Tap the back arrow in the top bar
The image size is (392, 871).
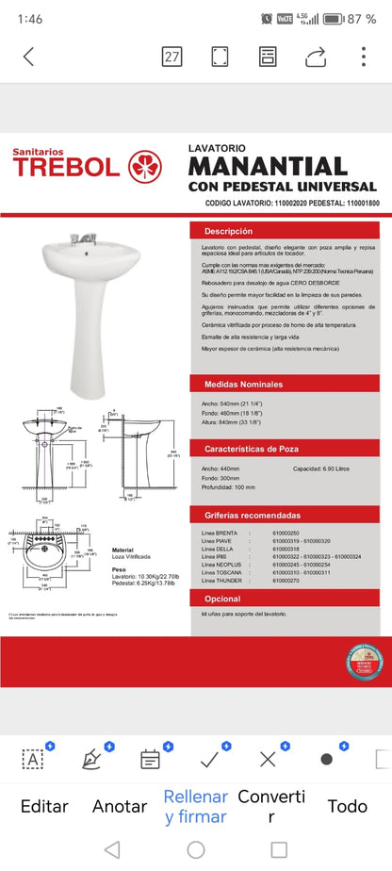pyautogui.click(x=28, y=57)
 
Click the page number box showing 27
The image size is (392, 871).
pyautogui.click(x=171, y=57)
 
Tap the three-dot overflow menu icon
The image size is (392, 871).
pyautogui.click(x=364, y=57)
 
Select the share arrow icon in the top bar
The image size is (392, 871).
pyautogui.click(x=316, y=57)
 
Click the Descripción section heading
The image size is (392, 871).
pyautogui.click(x=229, y=231)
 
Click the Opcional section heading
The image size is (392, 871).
pyautogui.click(x=222, y=599)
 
